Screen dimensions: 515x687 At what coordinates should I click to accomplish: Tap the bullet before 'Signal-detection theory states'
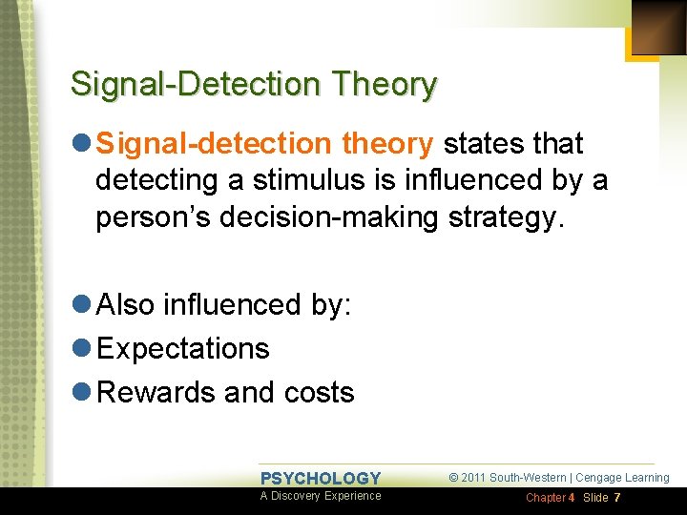coord(81,144)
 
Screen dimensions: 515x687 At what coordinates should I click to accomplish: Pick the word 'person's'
coord(156,216)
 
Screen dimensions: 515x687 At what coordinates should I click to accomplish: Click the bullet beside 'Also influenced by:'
coord(81,305)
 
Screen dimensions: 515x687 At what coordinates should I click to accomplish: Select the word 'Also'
coord(127,305)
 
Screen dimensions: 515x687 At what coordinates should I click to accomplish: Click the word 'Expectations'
coord(183,349)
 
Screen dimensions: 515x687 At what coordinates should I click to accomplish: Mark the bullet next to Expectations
coord(81,349)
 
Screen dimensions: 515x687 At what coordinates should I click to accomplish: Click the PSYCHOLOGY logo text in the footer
coord(321,479)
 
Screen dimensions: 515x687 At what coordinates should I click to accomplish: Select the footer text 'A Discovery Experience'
coord(321,496)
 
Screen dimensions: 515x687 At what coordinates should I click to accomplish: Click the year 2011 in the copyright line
coord(473,478)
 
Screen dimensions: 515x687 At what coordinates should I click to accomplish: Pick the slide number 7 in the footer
coord(617,499)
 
